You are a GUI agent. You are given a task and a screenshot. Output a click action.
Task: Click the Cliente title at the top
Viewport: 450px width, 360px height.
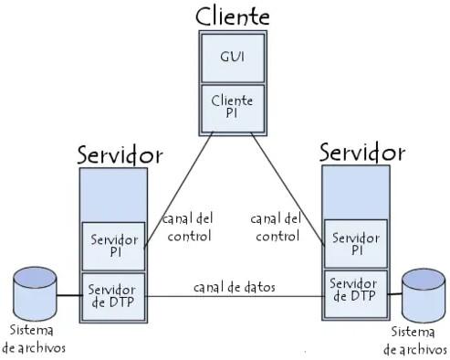tap(233, 16)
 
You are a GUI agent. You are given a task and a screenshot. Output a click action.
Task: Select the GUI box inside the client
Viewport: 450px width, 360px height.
tap(232, 56)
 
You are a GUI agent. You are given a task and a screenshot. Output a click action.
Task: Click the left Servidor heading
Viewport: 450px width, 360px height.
tap(120, 153)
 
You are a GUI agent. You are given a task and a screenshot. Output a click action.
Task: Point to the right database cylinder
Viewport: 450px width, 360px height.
tap(423, 293)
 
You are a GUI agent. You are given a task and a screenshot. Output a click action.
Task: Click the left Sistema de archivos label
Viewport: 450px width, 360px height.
tap(34, 339)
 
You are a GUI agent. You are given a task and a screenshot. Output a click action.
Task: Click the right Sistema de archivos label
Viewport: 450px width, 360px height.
tap(415, 341)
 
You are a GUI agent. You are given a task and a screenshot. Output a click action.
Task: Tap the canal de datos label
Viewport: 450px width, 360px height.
tap(235, 287)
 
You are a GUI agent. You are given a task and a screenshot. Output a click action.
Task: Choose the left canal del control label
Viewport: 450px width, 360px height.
tap(187, 228)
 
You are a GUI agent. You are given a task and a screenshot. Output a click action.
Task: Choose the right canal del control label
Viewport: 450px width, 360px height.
tap(276, 228)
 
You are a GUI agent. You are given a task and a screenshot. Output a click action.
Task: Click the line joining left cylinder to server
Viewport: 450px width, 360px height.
tap(68, 296)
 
